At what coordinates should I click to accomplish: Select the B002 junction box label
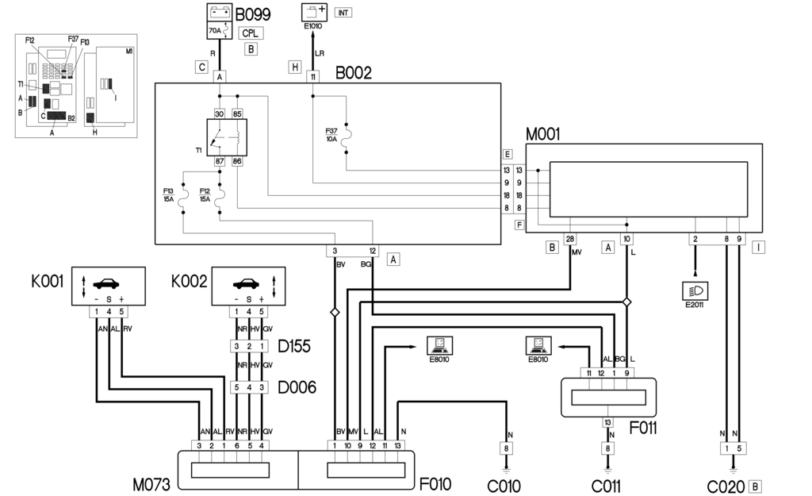(x=353, y=74)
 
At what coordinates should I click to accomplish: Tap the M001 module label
(x=542, y=135)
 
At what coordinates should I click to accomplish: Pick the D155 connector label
(x=294, y=347)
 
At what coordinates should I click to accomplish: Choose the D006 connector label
(x=297, y=387)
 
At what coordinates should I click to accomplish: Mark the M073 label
(x=152, y=483)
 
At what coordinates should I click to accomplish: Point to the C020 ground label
(x=727, y=483)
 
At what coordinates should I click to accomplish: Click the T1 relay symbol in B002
(x=226, y=138)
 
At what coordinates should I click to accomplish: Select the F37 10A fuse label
(x=331, y=135)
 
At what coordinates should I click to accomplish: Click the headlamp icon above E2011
(x=695, y=290)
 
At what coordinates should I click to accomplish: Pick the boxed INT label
(x=343, y=13)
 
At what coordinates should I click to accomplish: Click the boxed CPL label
(x=251, y=34)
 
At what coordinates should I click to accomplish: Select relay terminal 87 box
(x=220, y=161)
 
